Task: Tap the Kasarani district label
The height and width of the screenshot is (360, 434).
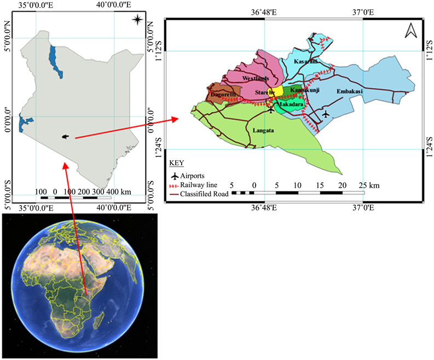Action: (x=305, y=62)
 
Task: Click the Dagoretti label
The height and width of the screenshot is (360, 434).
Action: (x=221, y=95)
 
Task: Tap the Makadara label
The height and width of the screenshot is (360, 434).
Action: (x=290, y=103)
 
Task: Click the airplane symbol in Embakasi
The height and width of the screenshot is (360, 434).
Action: (x=326, y=114)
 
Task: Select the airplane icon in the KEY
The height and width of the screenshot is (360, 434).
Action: (x=175, y=176)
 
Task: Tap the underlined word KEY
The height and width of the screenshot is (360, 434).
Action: (x=177, y=163)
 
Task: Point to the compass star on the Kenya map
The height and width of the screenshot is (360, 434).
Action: (x=138, y=20)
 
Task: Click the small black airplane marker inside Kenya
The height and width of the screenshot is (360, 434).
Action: (x=66, y=136)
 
